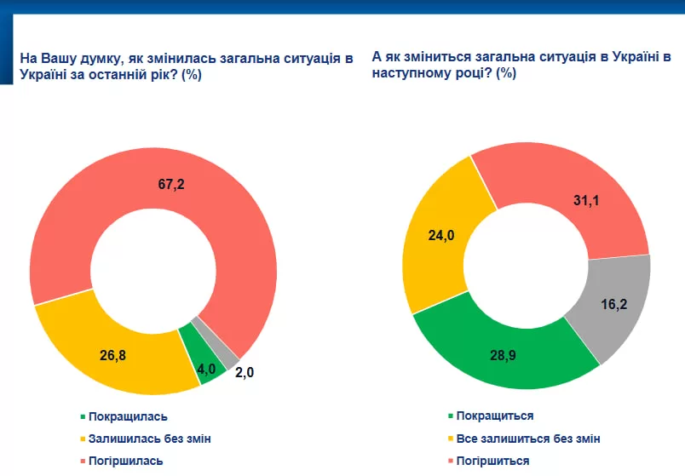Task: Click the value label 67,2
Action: [170, 184]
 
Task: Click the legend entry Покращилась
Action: [128, 416]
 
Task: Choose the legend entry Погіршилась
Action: [125, 461]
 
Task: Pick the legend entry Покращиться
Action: [495, 416]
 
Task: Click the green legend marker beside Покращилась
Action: [83, 417]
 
